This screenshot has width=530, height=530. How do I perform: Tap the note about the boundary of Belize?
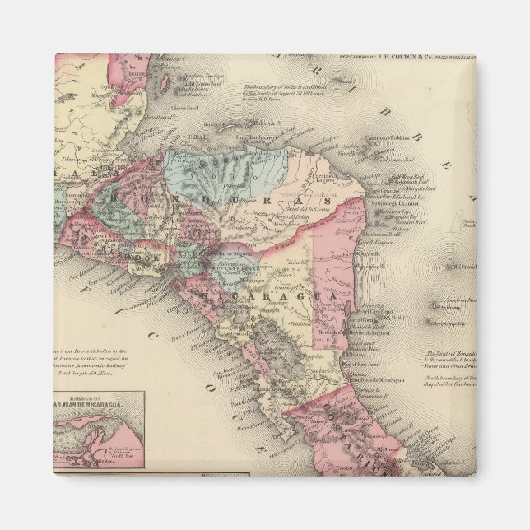[x=284, y=95]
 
